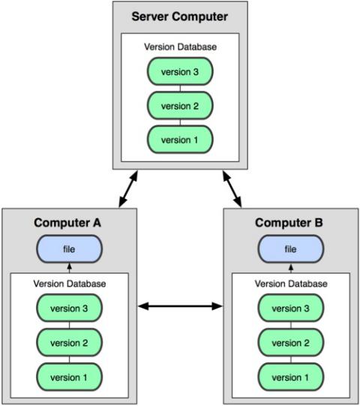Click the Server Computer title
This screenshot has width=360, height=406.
point(179,17)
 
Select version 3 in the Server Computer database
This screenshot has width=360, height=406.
point(180,71)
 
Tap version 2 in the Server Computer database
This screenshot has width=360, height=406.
point(180,106)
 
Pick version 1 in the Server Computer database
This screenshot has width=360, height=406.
point(180,140)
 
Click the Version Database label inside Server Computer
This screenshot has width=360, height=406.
point(180,47)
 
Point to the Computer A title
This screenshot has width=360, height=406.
point(67,223)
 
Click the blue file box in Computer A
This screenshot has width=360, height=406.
point(69,249)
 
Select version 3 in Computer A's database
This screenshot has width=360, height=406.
point(69,308)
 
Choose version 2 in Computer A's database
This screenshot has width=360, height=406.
point(69,342)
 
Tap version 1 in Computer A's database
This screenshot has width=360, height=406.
point(69,377)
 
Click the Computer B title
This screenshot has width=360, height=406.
point(289,223)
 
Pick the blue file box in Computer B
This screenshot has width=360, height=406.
point(291,249)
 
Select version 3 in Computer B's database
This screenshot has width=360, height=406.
point(291,308)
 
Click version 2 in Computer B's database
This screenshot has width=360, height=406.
point(291,342)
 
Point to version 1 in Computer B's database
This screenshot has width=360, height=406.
point(291,377)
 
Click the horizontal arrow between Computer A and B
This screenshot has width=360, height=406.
point(180,306)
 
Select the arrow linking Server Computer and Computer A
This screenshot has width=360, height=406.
point(128,189)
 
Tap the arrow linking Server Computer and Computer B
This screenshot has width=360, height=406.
point(232,189)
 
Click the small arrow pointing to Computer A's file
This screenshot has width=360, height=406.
point(69,268)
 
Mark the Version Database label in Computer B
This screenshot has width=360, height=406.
point(291,284)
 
